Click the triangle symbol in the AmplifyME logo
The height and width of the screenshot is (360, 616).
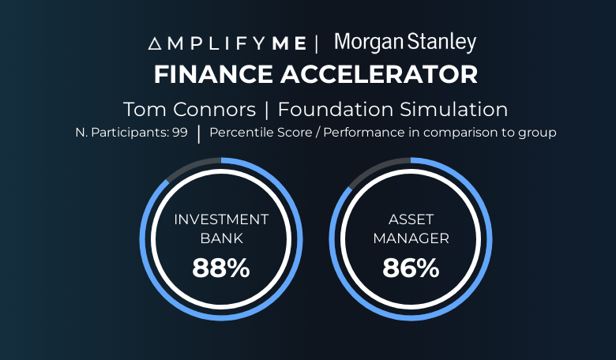click(155, 43)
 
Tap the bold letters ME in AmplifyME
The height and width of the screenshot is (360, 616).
click(289, 43)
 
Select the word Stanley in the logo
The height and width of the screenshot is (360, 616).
click(441, 43)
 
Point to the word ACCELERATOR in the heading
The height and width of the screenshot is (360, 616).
click(379, 74)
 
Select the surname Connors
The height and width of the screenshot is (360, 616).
click(215, 109)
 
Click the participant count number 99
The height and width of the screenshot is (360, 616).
click(179, 133)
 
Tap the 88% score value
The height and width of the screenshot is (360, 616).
click(221, 268)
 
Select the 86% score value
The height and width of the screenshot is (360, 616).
click(411, 268)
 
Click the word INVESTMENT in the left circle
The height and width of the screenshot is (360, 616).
click(221, 219)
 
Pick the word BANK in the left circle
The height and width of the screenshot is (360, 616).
click(222, 238)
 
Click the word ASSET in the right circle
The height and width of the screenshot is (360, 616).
click(411, 219)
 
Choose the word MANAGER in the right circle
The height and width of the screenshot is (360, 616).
click(411, 238)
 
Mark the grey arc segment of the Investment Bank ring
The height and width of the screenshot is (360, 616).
click(190, 165)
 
